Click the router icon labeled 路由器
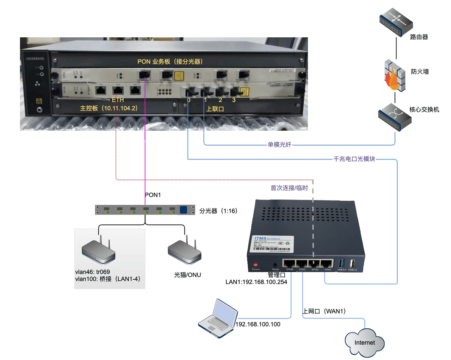[x=396, y=22]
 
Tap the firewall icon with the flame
[x=394, y=75]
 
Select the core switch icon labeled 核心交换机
[x=395, y=117]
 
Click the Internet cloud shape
[x=365, y=343]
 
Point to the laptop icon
[x=218, y=319]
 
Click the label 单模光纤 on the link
[x=279, y=144]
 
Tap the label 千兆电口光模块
[x=354, y=159]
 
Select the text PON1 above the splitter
[x=153, y=195]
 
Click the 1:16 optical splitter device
[x=145, y=210]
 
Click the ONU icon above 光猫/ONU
[x=185, y=251]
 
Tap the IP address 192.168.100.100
[x=258, y=324]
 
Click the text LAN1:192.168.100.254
[x=256, y=282]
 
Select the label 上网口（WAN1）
[x=325, y=311]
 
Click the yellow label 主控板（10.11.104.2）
[x=109, y=108]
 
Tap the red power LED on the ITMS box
[x=255, y=265]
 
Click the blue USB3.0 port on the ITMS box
[x=341, y=263]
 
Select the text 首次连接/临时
[x=289, y=188]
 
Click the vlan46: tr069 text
[x=92, y=272]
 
